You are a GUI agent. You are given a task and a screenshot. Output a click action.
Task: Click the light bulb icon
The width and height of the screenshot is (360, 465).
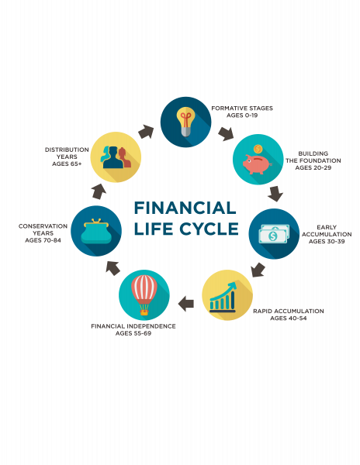[185, 122]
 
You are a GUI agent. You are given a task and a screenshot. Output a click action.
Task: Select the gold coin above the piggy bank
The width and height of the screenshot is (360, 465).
[258, 149]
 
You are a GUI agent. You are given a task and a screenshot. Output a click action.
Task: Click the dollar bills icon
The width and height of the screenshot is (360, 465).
[274, 234]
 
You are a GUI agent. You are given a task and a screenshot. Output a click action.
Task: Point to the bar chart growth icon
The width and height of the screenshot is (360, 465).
[223, 297]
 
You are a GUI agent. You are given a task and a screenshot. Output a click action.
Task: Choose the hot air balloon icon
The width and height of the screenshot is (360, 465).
[144, 294]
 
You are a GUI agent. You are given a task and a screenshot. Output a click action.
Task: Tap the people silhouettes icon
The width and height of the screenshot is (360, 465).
[116, 157]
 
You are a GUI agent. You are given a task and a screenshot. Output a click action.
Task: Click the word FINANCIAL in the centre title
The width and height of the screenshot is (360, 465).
[185, 208]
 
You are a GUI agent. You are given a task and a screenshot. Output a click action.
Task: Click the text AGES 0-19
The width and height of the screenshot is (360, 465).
[242, 115]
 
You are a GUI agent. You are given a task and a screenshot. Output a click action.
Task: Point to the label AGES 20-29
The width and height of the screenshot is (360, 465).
[313, 167]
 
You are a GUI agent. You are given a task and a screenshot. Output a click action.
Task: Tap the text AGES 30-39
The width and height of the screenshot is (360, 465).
[327, 241]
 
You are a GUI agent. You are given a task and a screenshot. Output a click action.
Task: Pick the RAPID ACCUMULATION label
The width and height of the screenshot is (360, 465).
[288, 311]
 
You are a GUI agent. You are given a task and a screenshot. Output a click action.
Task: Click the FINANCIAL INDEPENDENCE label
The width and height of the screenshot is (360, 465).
[133, 326]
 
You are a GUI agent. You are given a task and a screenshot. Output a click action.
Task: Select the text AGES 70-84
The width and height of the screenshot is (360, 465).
[43, 240]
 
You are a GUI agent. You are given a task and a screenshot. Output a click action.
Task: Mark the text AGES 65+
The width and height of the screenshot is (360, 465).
[67, 164]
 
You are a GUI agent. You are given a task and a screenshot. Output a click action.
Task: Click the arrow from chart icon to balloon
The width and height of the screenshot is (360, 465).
[186, 304]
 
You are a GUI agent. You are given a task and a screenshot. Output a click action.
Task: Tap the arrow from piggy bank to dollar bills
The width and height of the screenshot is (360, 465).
[275, 193]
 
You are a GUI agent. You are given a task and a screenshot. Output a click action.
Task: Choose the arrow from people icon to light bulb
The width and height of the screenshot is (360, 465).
[147, 132]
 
